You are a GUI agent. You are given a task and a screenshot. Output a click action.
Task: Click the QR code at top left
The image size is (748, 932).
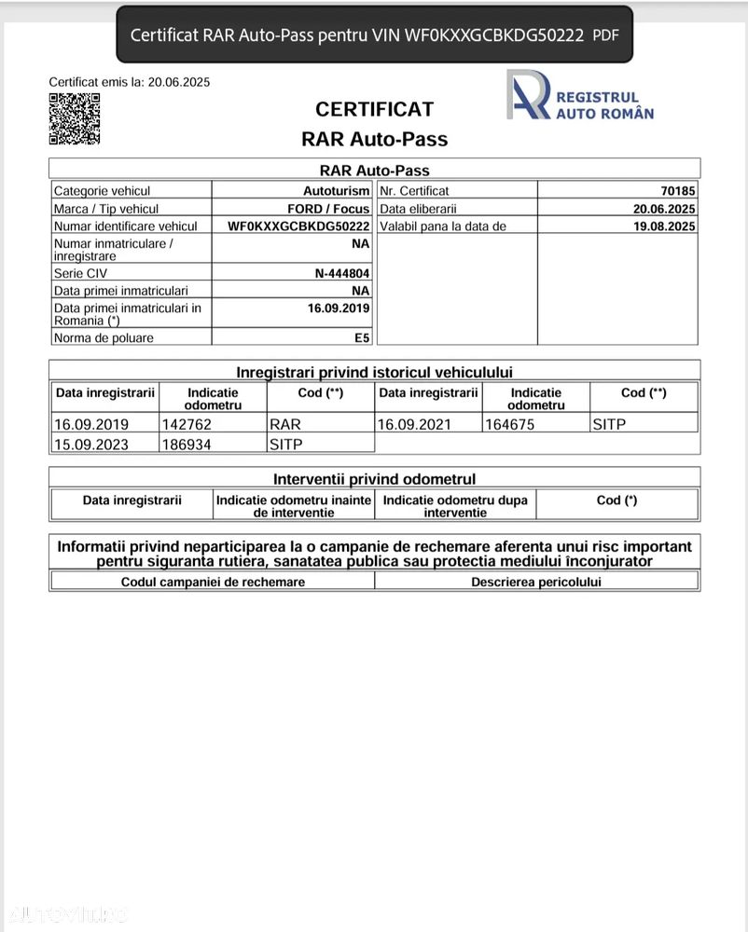pos(75,118)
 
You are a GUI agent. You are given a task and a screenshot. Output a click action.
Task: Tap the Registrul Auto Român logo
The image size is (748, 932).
pos(580,95)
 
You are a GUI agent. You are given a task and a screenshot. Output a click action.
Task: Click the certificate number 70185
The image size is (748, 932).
pos(678,191)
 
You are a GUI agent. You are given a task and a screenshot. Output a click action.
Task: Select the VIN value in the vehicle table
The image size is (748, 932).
pos(298,226)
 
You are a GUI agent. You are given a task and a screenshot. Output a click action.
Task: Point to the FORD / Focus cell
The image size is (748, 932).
pos(328,209)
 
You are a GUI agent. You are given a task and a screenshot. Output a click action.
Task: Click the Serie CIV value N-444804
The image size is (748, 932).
pos(342,273)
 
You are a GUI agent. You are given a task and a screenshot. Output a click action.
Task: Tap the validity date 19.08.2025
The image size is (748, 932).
pos(664,226)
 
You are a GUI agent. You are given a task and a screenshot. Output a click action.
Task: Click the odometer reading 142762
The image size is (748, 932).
pos(187,424)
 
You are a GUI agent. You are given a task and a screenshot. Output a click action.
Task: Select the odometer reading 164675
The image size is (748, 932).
pos(511,424)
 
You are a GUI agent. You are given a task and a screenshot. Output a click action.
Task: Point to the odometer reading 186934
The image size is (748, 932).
pos(187,445)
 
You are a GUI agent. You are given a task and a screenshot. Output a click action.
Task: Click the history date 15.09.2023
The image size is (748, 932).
pos(91,445)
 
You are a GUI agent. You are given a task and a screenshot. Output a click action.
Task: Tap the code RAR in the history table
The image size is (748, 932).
pos(285,424)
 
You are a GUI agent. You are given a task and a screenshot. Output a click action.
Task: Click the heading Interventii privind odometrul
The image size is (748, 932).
pos(374,479)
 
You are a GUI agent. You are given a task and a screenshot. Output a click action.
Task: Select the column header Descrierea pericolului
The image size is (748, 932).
pos(536,582)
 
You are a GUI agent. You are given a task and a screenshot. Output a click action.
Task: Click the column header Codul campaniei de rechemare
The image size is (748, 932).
pos(213,582)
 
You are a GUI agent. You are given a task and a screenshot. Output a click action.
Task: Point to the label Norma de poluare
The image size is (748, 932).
pos(104,337)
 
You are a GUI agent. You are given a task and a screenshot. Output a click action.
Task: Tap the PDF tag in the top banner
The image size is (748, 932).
pos(605,35)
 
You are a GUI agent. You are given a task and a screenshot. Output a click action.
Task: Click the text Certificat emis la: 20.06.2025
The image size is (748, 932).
pos(130,82)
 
